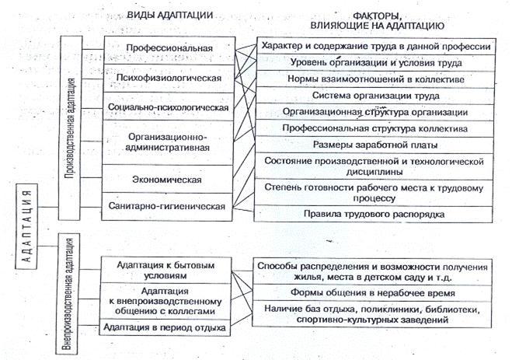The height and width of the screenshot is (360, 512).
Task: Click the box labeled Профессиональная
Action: (x=169, y=49)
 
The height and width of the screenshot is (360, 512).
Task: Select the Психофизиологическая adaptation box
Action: (x=169, y=78)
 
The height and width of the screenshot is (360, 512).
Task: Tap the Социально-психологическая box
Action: (x=169, y=107)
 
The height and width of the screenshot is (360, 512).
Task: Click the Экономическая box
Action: (x=169, y=180)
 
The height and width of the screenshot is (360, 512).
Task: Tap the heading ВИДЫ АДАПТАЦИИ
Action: (x=170, y=16)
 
